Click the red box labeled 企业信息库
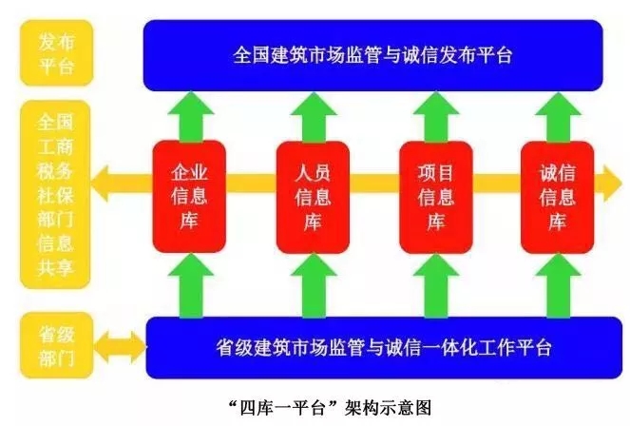tap(188, 197)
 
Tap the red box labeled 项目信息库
tap(435, 197)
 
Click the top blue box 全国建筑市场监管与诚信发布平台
tap(372, 54)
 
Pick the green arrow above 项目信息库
tap(434, 114)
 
